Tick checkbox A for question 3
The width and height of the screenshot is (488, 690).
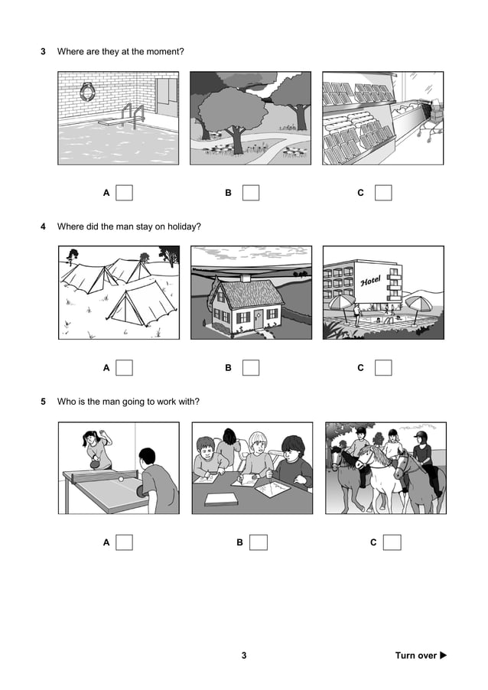[x=125, y=193]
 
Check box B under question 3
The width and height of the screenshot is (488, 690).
[x=250, y=193]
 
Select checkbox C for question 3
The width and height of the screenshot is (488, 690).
[x=383, y=193]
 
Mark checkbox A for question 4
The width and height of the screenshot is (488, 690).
[x=125, y=368]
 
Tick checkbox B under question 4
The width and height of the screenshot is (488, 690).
[x=250, y=368]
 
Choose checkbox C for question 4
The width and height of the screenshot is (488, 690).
[x=383, y=368]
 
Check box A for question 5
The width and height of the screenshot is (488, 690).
[x=125, y=542]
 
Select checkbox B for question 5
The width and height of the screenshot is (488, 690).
[x=259, y=542]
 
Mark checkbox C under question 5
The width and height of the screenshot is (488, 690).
[x=392, y=542]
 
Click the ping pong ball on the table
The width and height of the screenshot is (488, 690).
[x=119, y=478]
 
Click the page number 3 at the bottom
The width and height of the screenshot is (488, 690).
[x=244, y=656]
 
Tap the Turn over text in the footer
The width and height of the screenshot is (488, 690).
[x=415, y=656]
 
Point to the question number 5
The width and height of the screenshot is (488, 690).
[x=43, y=401]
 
